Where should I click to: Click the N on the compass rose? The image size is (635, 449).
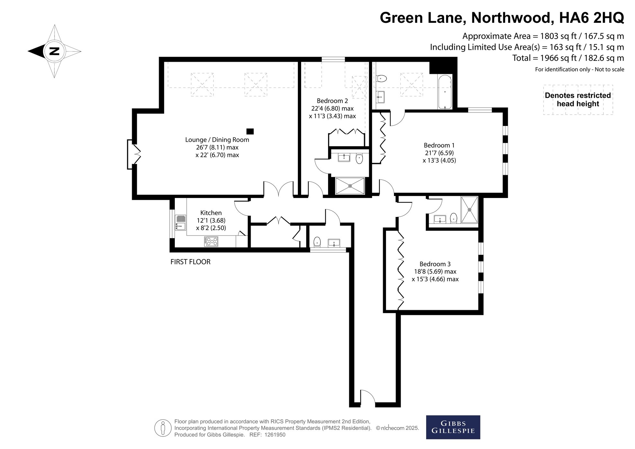pos(54,51)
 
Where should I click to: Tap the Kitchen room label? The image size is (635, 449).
pos(211,213)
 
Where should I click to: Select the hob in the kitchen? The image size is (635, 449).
pos(211,241)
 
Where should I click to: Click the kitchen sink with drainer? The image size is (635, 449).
pos(180,222)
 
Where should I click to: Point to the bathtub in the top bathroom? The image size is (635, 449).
pos(445,92)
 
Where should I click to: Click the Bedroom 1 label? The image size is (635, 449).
pos(439,145)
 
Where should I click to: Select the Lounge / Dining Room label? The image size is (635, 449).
pos(217,140)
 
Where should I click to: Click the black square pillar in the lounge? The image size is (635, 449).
pos(250,131)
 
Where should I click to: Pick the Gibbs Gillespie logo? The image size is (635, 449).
pos(453,427)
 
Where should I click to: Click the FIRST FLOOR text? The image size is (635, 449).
pos(190,262)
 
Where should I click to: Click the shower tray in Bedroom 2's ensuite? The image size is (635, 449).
pos(350,186)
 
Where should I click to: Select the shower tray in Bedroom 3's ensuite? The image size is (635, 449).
pos(470,210)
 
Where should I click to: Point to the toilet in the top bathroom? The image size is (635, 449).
pos(382,78)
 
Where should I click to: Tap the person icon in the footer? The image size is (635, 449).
pos(163,428)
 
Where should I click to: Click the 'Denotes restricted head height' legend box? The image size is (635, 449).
pos(578,100)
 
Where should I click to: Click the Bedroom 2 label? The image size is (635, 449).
pos(332,101)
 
